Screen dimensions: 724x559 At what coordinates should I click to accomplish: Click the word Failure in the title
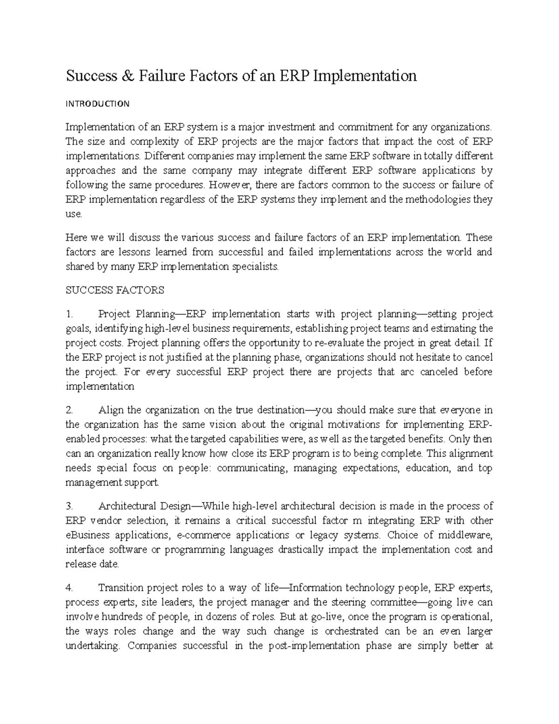click(158, 76)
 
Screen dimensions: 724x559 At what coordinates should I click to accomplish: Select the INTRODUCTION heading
click(97, 104)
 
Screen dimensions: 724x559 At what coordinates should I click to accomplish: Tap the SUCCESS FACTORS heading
click(115, 290)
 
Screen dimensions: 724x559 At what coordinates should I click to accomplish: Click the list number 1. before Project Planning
click(69, 314)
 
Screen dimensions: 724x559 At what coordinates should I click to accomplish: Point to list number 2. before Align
click(70, 410)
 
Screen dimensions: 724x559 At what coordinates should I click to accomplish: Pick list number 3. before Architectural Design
click(70, 506)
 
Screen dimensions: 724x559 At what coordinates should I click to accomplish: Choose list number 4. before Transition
click(70, 588)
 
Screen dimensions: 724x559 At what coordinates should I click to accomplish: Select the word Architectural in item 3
click(128, 506)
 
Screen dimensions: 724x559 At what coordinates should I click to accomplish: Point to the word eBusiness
click(88, 535)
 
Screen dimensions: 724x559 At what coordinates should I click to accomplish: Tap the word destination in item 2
click(276, 410)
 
